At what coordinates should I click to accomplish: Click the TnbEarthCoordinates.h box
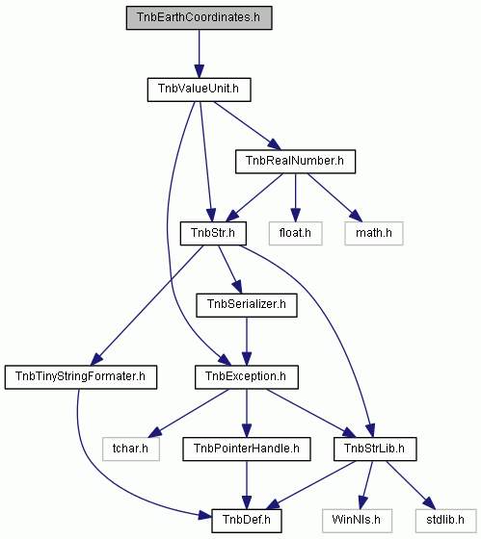pos(199,17)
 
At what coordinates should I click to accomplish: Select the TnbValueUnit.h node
pos(199,90)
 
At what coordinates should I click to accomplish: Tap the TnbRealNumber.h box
pos(295,162)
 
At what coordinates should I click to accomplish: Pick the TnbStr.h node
pos(213,233)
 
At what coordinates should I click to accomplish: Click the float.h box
pos(295,233)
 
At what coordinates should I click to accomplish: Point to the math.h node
pos(374,233)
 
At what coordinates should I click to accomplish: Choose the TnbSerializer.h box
pos(247,305)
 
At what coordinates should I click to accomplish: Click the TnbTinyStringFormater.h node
pos(81,377)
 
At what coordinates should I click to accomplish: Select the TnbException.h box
pos(247,377)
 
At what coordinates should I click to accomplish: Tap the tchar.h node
pos(131,449)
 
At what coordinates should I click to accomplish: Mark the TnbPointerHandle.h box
pos(247,449)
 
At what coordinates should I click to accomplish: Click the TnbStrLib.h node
pos(375,449)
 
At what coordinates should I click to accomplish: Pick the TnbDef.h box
pos(247,521)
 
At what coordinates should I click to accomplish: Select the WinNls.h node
pos(357,521)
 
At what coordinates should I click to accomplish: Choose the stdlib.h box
pos(445,521)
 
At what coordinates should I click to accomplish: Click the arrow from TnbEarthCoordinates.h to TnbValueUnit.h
pos(199,54)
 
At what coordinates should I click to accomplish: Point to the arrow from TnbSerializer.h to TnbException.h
pos(247,342)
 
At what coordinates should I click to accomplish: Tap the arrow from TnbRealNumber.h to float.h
pos(295,197)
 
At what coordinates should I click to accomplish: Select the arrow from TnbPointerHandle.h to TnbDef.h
pos(247,485)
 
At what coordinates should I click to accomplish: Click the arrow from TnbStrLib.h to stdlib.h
pos(411,485)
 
